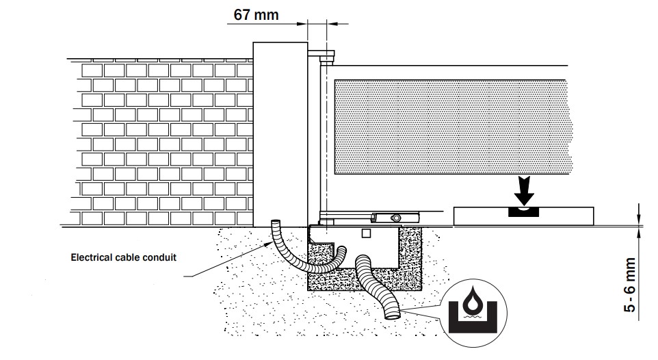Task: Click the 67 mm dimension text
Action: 256,14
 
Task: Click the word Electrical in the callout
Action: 93,258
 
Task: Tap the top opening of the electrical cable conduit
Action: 275,222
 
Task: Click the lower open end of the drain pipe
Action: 393,315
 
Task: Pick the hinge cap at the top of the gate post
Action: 322,52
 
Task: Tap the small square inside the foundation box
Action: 367,233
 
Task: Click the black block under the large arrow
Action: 523,213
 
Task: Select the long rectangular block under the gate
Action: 523,215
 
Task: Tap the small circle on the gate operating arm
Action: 395,218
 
